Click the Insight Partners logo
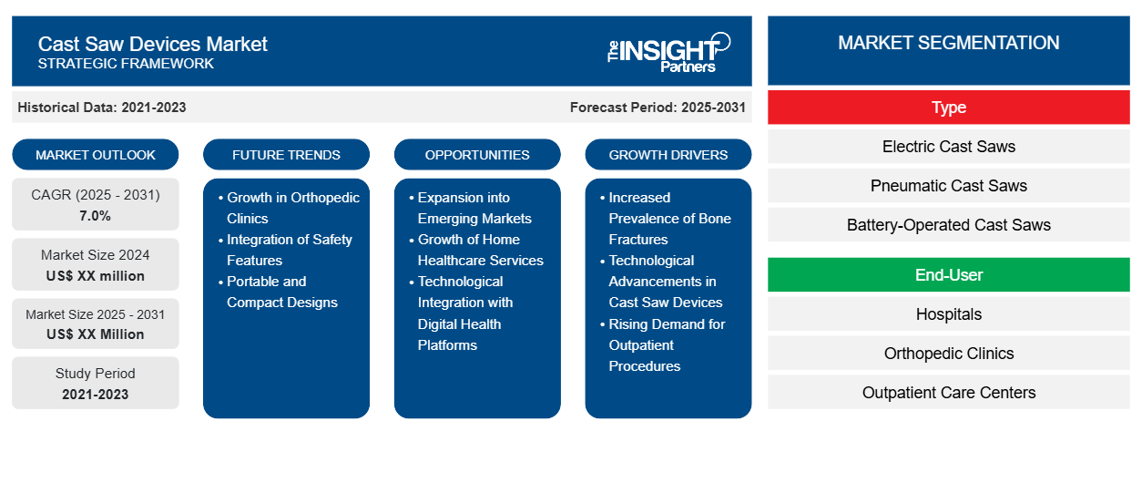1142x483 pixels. (668, 52)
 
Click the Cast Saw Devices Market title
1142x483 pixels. (153, 43)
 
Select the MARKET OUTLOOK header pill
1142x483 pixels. (96, 155)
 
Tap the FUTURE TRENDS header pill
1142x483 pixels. (286, 155)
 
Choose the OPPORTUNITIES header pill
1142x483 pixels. (477, 155)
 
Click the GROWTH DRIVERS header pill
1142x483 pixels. (668, 155)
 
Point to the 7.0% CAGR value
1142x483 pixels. (96, 216)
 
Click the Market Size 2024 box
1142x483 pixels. (96, 265)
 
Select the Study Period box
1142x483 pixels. (96, 384)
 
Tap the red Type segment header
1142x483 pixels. (948, 108)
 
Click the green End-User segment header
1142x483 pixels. (948, 274)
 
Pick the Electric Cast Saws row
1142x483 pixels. (948, 147)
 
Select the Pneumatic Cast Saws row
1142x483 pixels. (948, 186)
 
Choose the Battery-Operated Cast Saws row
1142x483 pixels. (948, 225)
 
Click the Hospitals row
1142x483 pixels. (948, 314)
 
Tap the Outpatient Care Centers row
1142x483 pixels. (948, 393)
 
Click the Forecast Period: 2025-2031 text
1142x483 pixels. (658, 108)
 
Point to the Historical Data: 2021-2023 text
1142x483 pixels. (102, 108)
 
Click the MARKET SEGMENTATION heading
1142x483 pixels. (948, 43)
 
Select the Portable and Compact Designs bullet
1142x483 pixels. (281, 292)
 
